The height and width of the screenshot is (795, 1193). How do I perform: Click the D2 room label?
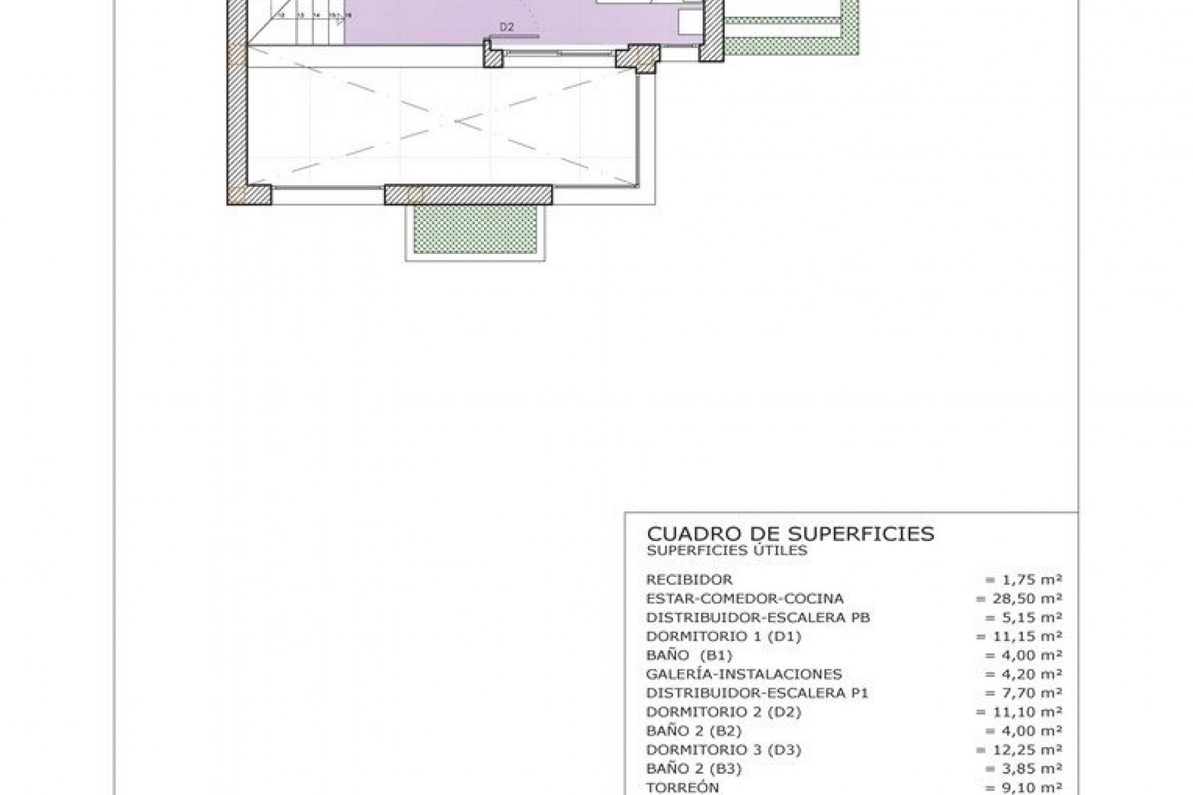tap(507, 27)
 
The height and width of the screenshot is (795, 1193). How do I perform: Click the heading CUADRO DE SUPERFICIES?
tap(790, 534)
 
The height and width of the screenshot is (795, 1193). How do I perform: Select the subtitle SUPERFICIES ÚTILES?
tap(726, 550)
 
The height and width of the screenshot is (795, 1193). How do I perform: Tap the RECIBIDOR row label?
tap(689, 580)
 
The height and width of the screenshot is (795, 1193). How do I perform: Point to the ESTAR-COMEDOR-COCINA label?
tap(744, 599)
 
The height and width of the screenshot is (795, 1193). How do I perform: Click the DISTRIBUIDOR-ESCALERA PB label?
tap(757, 618)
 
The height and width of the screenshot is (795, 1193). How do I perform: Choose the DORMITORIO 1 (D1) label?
tap(723, 637)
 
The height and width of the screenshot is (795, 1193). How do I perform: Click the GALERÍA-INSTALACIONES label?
tap(744, 675)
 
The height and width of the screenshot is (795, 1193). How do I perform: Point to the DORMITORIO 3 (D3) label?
tap(723, 750)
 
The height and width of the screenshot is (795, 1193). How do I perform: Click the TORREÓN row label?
tap(682, 788)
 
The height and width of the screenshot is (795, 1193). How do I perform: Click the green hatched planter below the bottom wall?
tap(475, 230)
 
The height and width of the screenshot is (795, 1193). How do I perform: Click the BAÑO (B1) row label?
tap(689, 656)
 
